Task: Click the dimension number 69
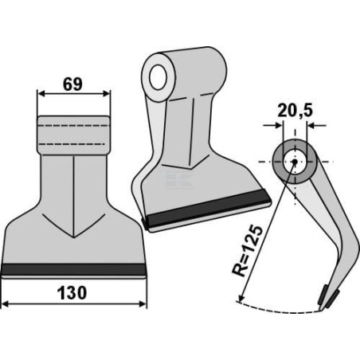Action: pyautogui.click(x=72, y=84)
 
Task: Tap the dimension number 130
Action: pyautogui.click(x=72, y=293)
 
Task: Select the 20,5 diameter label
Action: pyautogui.click(x=295, y=111)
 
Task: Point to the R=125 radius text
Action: pyautogui.click(x=247, y=251)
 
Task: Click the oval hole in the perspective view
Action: pyautogui.click(x=158, y=76)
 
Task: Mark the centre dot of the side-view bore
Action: pyautogui.click(x=294, y=162)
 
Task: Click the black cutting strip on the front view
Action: pyautogui.click(x=74, y=269)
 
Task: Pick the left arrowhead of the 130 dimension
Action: pyautogui.click(x=6, y=304)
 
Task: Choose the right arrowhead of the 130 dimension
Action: pyautogui.click(x=143, y=304)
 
